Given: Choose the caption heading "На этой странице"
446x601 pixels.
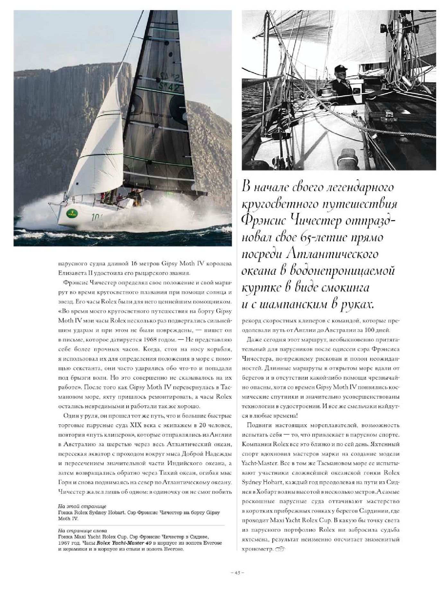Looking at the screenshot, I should [82, 507].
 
